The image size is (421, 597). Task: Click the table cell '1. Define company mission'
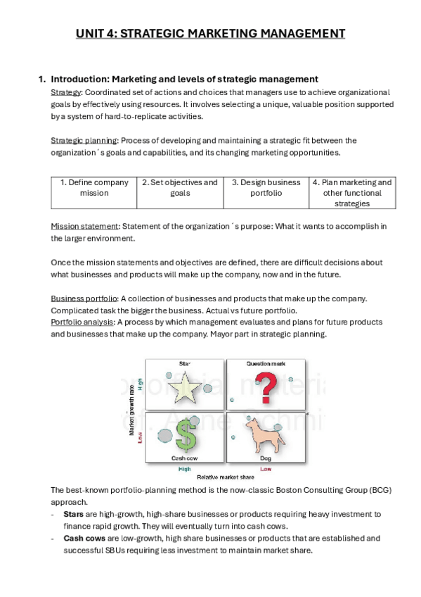coord(94,193)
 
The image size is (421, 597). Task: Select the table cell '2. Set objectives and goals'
coord(180,193)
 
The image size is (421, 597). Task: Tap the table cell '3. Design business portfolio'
coord(266,193)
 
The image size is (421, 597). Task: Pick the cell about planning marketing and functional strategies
coord(352,193)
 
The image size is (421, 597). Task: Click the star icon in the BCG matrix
coord(185,388)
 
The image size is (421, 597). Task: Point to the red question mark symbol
coord(266,388)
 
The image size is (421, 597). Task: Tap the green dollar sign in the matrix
coord(186,436)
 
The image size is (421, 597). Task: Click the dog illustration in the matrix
coord(265,436)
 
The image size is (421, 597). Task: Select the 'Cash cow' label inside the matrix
coord(184,458)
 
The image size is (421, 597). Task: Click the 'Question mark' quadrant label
coord(266,363)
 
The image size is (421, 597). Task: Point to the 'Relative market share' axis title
coord(226,477)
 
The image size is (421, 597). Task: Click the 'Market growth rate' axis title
coord(132,410)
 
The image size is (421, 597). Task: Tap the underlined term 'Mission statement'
coord(84,226)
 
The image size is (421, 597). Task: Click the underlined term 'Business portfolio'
coord(84,299)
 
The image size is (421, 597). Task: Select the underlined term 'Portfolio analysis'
coord(82,322)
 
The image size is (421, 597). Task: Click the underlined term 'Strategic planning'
coord(84,141)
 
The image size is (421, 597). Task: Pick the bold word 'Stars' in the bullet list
coord(73,514)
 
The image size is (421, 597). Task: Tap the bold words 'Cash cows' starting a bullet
coord(84,539)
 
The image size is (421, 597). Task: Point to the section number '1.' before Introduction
coord(41,79)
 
